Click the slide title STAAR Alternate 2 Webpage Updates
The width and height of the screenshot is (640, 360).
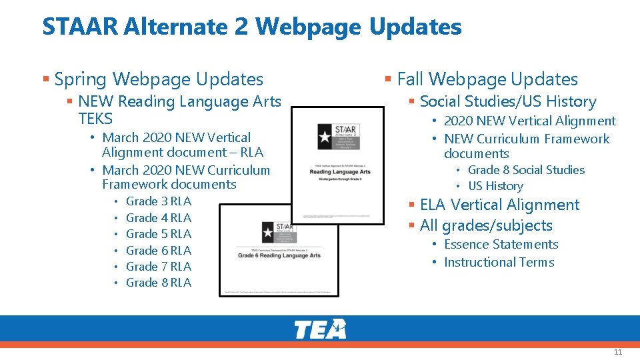pos(252,27)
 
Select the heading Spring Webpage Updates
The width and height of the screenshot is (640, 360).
pos(159,79)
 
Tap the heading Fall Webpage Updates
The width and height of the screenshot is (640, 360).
pos(487,79)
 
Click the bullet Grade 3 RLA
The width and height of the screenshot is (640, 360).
pos(159,201)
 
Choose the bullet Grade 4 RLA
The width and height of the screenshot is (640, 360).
pos(159,218)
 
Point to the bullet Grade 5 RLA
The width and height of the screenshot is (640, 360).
pos(159,234)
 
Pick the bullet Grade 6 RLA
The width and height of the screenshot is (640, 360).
pos(159,251)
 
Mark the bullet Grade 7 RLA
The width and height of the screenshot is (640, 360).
pos(159,267)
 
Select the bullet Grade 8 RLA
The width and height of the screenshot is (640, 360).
pos(159,283)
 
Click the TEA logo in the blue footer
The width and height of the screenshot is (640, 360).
pos(320,329)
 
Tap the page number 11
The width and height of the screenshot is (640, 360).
pos(617,352)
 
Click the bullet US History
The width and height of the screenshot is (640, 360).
pos(495,186)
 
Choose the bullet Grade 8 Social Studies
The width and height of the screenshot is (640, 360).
pos(526,170)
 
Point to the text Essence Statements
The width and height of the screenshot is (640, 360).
pos(501,245)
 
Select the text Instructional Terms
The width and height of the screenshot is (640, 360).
pos(499,262)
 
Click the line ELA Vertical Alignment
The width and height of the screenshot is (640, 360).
pos(499,205)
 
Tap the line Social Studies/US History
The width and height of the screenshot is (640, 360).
pos(508,102)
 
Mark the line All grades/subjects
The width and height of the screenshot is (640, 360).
pos(486,226)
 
